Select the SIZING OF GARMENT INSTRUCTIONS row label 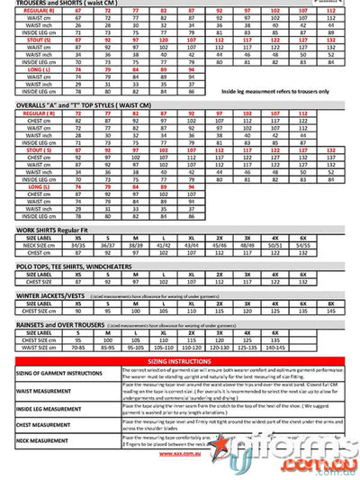click(60, 371)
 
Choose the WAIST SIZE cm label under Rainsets click(37, 345)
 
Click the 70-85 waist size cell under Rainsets click(78, 345)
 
